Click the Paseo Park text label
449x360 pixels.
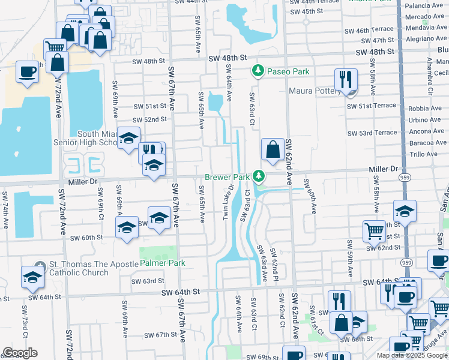(289, 71)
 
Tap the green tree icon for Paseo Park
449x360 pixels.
(258, 71)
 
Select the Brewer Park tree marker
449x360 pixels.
(258, 176)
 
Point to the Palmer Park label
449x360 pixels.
(163, 263)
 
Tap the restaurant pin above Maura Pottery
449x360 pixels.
(346, 80)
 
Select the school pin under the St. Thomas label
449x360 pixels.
(32, 278)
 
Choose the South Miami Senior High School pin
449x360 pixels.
(128, 139)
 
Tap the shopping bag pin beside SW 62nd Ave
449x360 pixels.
(273, 150)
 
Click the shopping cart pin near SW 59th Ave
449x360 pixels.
(374, 231)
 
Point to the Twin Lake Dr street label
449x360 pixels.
(229, 202)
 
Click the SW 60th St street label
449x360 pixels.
(87, 238)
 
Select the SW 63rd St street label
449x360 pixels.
(148, 281)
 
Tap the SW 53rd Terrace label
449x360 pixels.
(372, 133)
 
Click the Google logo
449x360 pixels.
(20, 353)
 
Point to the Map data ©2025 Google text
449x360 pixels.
(412, 355)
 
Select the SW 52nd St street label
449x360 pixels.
(150, 119)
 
